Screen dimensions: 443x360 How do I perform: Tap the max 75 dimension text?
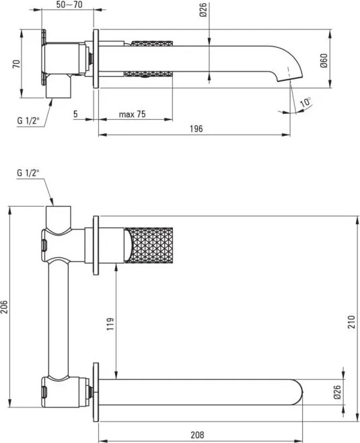point(132,114)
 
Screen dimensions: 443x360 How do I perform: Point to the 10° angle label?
point(305,102)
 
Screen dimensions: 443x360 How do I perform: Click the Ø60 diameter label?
point(324,63)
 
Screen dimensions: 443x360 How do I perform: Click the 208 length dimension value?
point(196,435)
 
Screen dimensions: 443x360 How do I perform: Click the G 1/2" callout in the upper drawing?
point(29,121)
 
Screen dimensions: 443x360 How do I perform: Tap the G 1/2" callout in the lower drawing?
point(29,173)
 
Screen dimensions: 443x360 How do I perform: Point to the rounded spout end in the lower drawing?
point(299,393)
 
